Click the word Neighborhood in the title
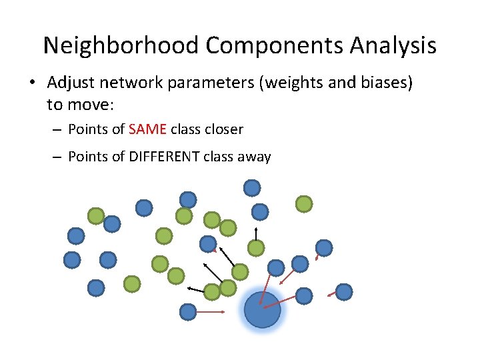[x=121, y=45]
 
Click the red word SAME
[x=147, y=129]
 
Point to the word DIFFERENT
[x=163, y=157]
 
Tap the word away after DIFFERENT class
[x=253, y=157]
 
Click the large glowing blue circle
[x=262, y=310]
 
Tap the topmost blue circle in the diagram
[x=252, y=188]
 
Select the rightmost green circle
[x=303, y=203]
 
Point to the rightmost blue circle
[x=343, y=291]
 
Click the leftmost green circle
[x=96, y=215]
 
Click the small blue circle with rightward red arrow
[x=188, y=311]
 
